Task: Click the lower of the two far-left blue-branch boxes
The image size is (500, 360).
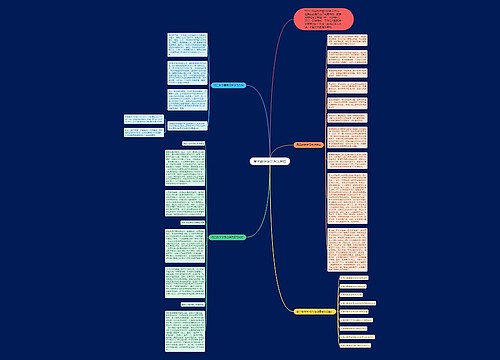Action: coord(127,134)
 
